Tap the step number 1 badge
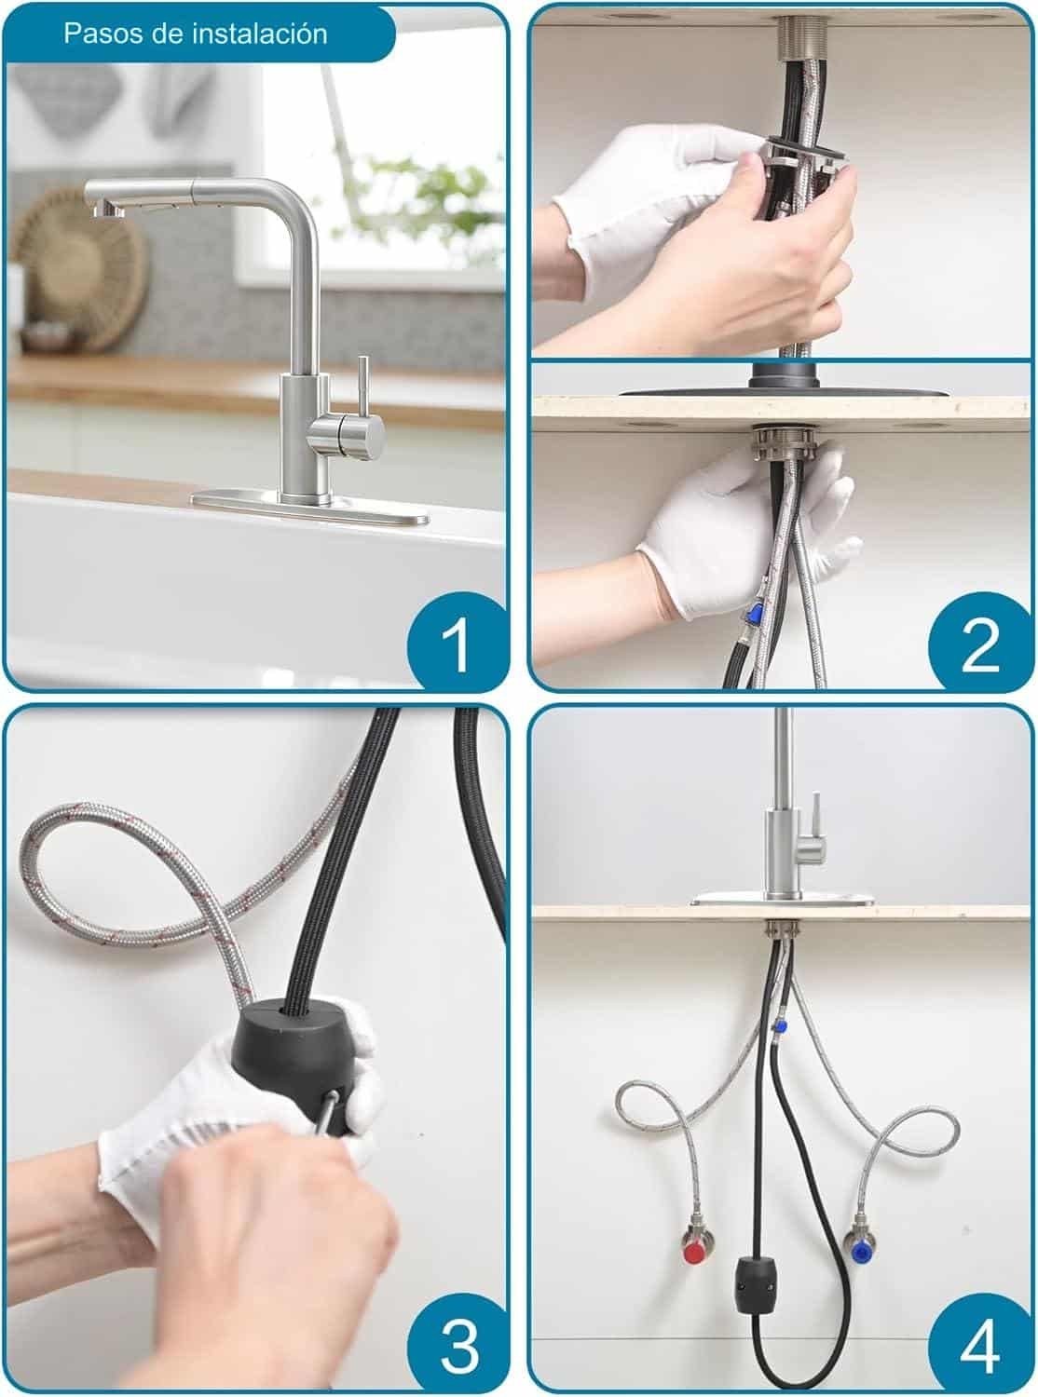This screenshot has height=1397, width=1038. click(x=456, y=642)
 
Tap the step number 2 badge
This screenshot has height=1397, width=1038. click(x=980, y=642)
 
